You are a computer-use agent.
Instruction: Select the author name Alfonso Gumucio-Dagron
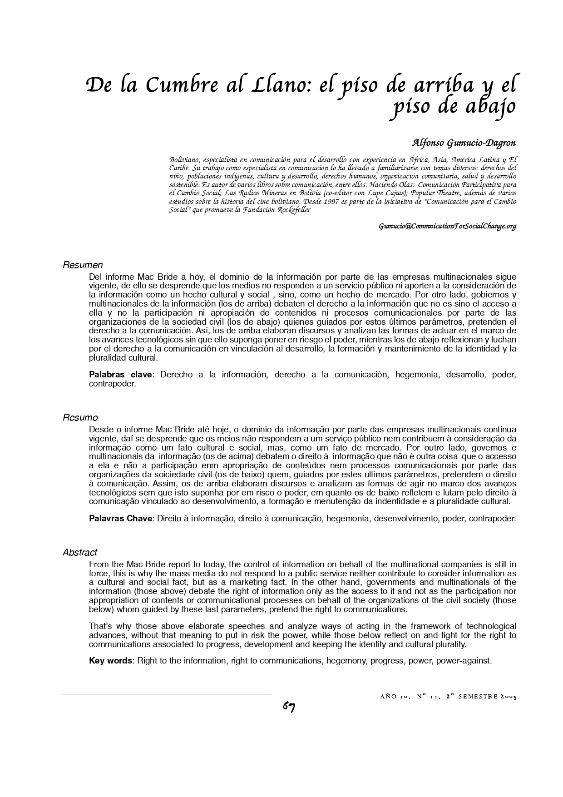[464, 143]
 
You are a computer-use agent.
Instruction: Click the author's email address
[447, 226]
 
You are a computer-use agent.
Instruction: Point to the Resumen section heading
[83, 265]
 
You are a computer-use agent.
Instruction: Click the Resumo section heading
[80, 418]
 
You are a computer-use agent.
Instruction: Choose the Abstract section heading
[80, 553]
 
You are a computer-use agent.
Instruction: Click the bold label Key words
[110, 661]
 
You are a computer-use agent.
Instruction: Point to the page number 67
[289, 707]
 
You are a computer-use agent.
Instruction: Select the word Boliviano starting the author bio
[184, 160]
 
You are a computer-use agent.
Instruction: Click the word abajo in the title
[490, 107]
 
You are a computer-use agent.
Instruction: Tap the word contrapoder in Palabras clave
[112, 384]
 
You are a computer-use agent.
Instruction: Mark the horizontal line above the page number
[167, 695]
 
